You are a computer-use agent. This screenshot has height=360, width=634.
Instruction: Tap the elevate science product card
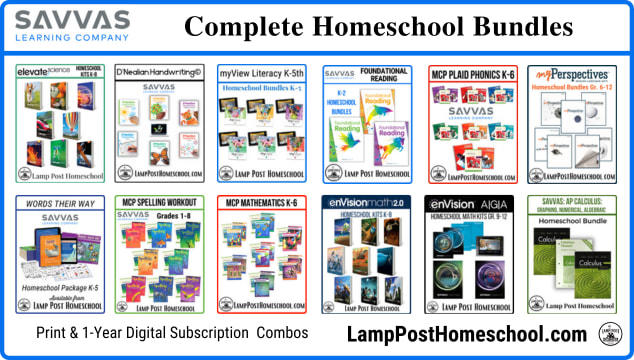pyautogui.click(x=60, y=124)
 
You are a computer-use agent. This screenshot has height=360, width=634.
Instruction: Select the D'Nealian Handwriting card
pyautogui.click(x=160, y=124)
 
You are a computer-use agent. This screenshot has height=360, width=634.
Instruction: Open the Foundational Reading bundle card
pyautogui.click(x=367, y=124)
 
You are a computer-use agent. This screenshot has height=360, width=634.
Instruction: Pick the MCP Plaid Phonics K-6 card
pyautogui.click(x=470, y=124)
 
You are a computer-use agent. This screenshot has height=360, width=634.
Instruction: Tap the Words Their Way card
pyautogui.click(x=60, y=254)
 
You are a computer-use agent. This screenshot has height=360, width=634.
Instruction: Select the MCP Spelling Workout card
pyautogui.click(x=160, y=254)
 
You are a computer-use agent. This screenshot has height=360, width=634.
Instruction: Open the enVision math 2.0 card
pyautogui.click(x=367, y=254)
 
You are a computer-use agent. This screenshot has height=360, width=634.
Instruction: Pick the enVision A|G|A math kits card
pyautogui.click(x=470, y=254)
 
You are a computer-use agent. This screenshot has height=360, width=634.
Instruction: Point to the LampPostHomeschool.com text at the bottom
pyautogui.click(x=468, y=335)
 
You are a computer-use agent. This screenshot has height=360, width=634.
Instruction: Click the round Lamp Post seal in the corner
pyautogui.click(x=611, y=335)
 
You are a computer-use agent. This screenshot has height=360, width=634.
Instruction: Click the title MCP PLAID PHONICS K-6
pyautogui.click(x=470, y=74)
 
